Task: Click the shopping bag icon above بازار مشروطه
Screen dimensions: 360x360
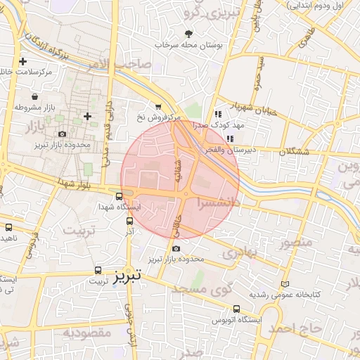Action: (x=35, y=98)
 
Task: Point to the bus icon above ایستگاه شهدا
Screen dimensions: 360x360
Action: (x=120, y=196)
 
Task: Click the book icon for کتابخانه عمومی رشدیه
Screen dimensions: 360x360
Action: (x=284, y=283)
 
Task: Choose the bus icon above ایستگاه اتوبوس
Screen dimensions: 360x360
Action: (x=237, y=309)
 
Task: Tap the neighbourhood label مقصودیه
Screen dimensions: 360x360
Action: (x=86, y=332)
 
